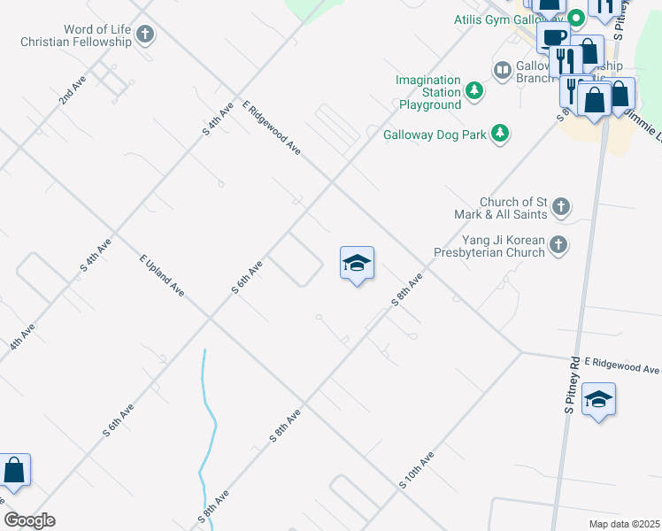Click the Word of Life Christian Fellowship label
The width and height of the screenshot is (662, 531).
pyautogui.click(x=74, y=35)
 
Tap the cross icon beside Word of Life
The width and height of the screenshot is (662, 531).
pyautogui.click(x=145, y=35)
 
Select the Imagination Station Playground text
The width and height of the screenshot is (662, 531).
pyautogui.click(x=429, y=92)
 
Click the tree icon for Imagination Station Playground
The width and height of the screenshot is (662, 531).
pyautogui.click(x=474, y=89)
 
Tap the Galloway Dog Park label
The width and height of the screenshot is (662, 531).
pyautogui.click(x=435, y=135)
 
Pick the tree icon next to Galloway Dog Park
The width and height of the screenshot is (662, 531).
pyautogui.click(x=500, y=134)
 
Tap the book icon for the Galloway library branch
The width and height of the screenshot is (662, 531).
pyautogui.click(x=502, y=69)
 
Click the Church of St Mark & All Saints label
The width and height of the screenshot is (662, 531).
pyautogui.click(x=511, y=208)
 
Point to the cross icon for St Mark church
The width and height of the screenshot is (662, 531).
pyautogui.click(x=560, y=208)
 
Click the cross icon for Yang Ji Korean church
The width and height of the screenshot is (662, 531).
pyautogui.click(x=558, y=244)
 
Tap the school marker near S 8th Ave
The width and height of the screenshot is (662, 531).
pyautogui.click(x=357, y=263)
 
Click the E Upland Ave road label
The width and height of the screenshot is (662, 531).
pyautogui.click(x=162, y=275)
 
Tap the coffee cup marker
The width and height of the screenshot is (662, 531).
pyautogui.click(x=554, y=39)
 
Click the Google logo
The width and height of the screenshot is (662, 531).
pyautogui.click(x=29, y=520)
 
